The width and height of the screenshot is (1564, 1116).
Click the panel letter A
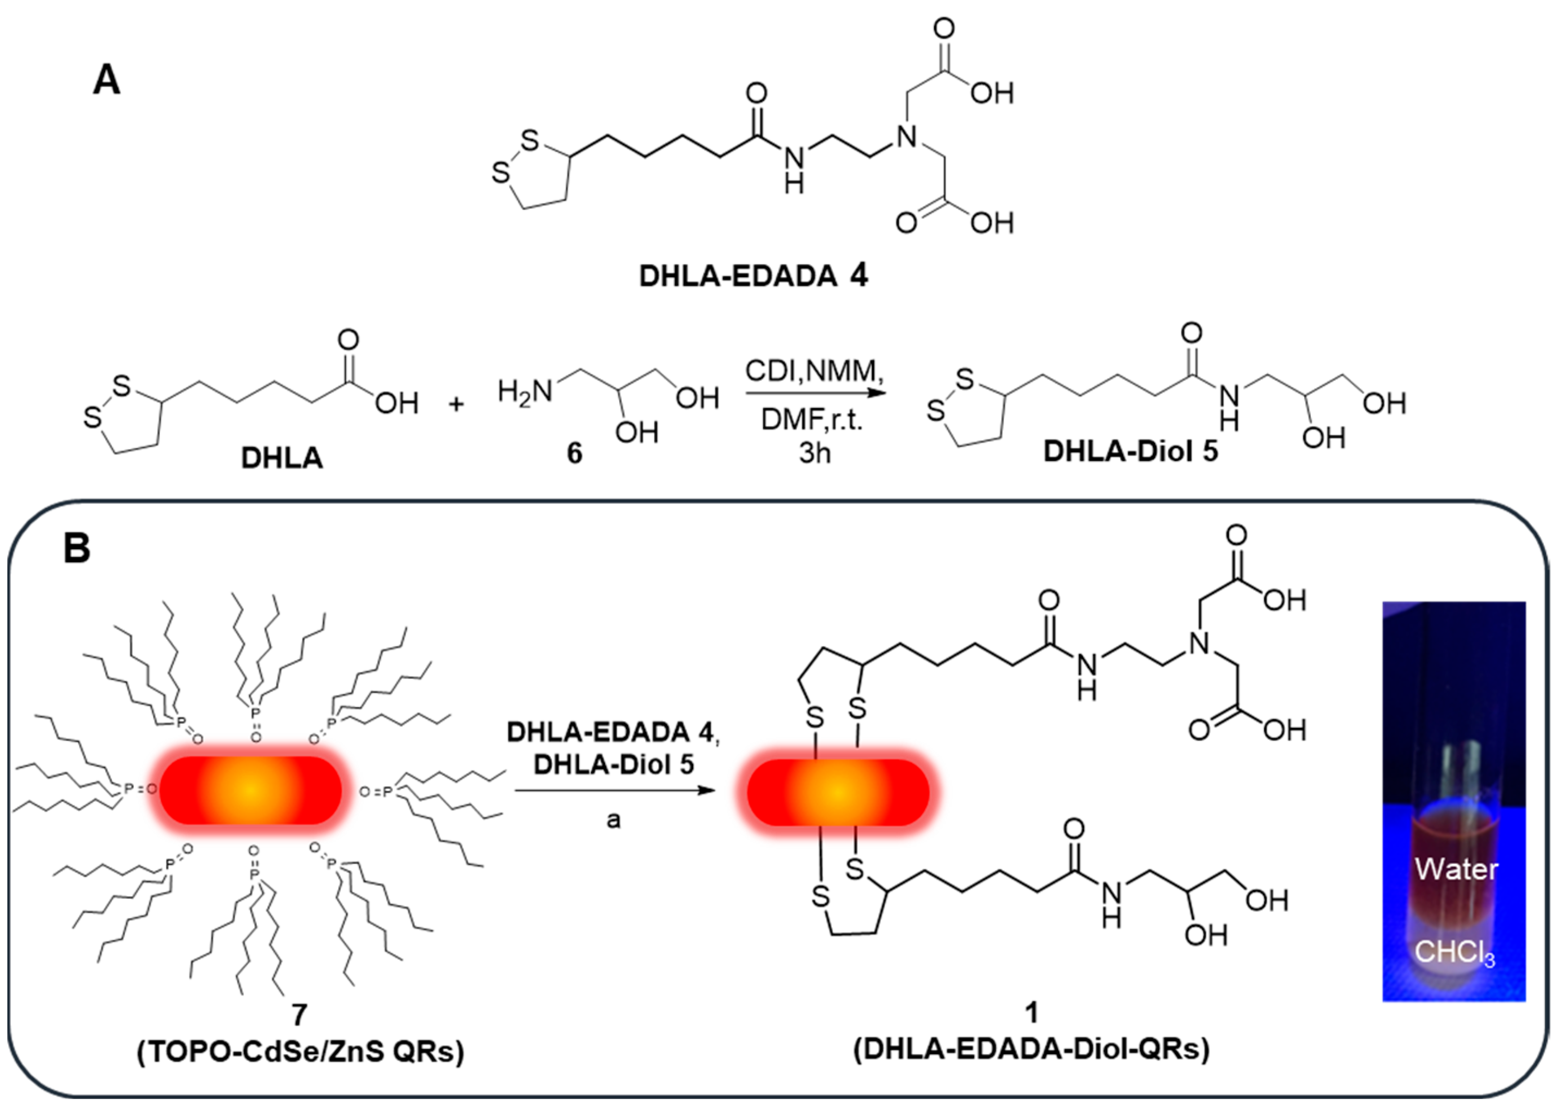(x=107, y=81)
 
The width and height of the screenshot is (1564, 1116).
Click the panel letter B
(x=76, y=549)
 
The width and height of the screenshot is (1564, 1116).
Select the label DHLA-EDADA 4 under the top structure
(x=753, y=276)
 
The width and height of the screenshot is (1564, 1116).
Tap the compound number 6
(x=574, y=454)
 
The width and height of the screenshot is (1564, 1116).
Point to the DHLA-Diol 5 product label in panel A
(x=1130, y=452)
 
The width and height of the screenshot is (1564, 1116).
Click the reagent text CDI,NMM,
(x=814, y=372)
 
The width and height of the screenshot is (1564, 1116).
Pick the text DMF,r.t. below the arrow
(x=811, y=419)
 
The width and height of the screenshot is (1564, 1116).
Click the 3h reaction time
(x=814, y=454)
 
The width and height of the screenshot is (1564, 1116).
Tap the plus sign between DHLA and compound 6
(x=456, y=404)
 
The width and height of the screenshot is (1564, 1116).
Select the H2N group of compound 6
(x=525, y=392)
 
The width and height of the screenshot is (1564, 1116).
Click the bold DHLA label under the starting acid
(x=282, y=458)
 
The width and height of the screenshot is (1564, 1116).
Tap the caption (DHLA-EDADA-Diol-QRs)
(x=1031, y=1049)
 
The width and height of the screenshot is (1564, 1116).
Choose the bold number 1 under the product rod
(x=1031, y=1012)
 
